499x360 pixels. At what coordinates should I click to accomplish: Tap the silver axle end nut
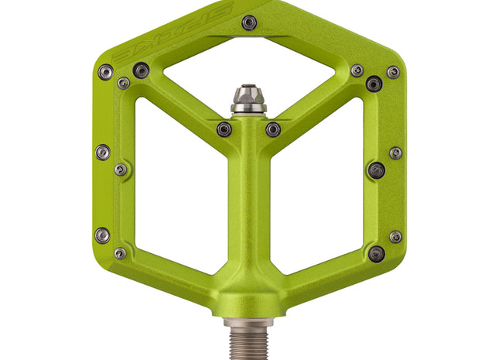[249, 100]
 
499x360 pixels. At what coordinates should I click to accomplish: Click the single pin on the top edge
[248, 22]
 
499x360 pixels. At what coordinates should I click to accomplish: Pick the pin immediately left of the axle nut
[224, 129]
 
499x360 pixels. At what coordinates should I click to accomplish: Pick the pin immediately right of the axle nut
[273, 129]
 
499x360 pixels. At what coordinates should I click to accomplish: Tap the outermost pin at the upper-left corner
[105, 72]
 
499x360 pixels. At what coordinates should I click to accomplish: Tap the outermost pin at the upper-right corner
[393, 72]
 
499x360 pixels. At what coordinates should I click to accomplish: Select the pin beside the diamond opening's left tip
[141, 70]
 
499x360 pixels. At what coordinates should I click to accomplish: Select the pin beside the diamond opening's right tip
[357, 70]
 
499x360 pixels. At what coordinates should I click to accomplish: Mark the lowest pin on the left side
[120, 253]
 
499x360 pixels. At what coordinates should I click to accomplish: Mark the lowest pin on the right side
[377, 253]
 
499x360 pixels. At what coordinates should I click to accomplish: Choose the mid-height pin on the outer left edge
[102, 152]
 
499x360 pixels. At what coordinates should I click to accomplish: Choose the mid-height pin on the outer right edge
[395, 153]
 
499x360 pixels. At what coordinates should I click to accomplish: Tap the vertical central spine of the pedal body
[249, 209]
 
